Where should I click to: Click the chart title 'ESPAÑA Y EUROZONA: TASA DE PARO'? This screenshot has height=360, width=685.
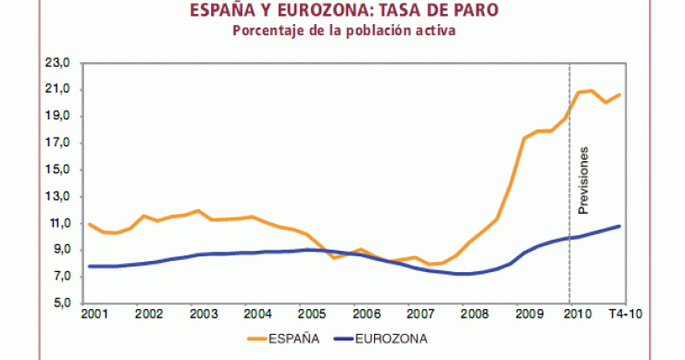click(342, 11)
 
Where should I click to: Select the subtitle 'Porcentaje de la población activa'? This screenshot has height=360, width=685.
click(342, 31)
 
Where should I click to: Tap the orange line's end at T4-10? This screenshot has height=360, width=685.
click(619, 94)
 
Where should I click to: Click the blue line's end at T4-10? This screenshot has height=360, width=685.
click(619, 226)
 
